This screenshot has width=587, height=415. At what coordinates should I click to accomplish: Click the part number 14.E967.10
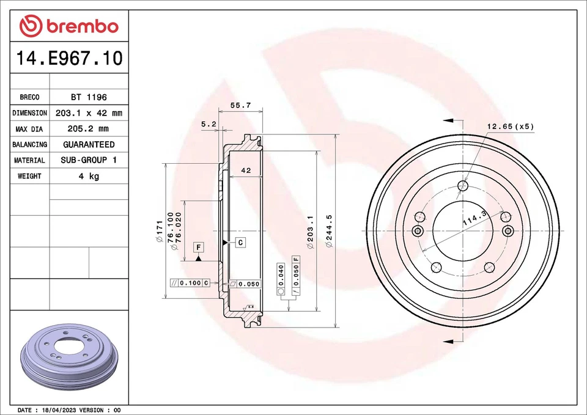pos(69,59)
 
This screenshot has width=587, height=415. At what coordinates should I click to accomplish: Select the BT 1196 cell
pos(89,97)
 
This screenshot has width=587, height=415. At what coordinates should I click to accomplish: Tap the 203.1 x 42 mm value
pos(89,113)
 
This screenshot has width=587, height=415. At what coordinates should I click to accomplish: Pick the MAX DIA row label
pos(29,129)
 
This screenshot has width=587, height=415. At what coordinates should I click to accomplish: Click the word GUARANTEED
pos(89,145)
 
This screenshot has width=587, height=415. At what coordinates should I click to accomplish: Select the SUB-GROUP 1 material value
pos(89,160)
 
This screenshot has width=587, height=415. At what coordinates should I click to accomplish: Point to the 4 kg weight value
pos(89,176)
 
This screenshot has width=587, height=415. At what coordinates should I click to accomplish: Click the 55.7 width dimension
pos(240,105)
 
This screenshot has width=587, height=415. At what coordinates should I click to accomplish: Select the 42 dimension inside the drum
pos(246,172)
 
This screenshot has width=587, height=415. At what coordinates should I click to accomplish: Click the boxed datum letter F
pos(199,247)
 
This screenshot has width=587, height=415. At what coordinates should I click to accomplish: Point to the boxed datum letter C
pos(240,243)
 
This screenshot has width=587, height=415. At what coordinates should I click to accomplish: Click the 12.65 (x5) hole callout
pos(510,127)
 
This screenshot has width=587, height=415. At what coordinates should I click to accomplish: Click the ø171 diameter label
pos(160,231)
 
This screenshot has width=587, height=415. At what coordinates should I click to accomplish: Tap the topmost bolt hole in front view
pos(463,185)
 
